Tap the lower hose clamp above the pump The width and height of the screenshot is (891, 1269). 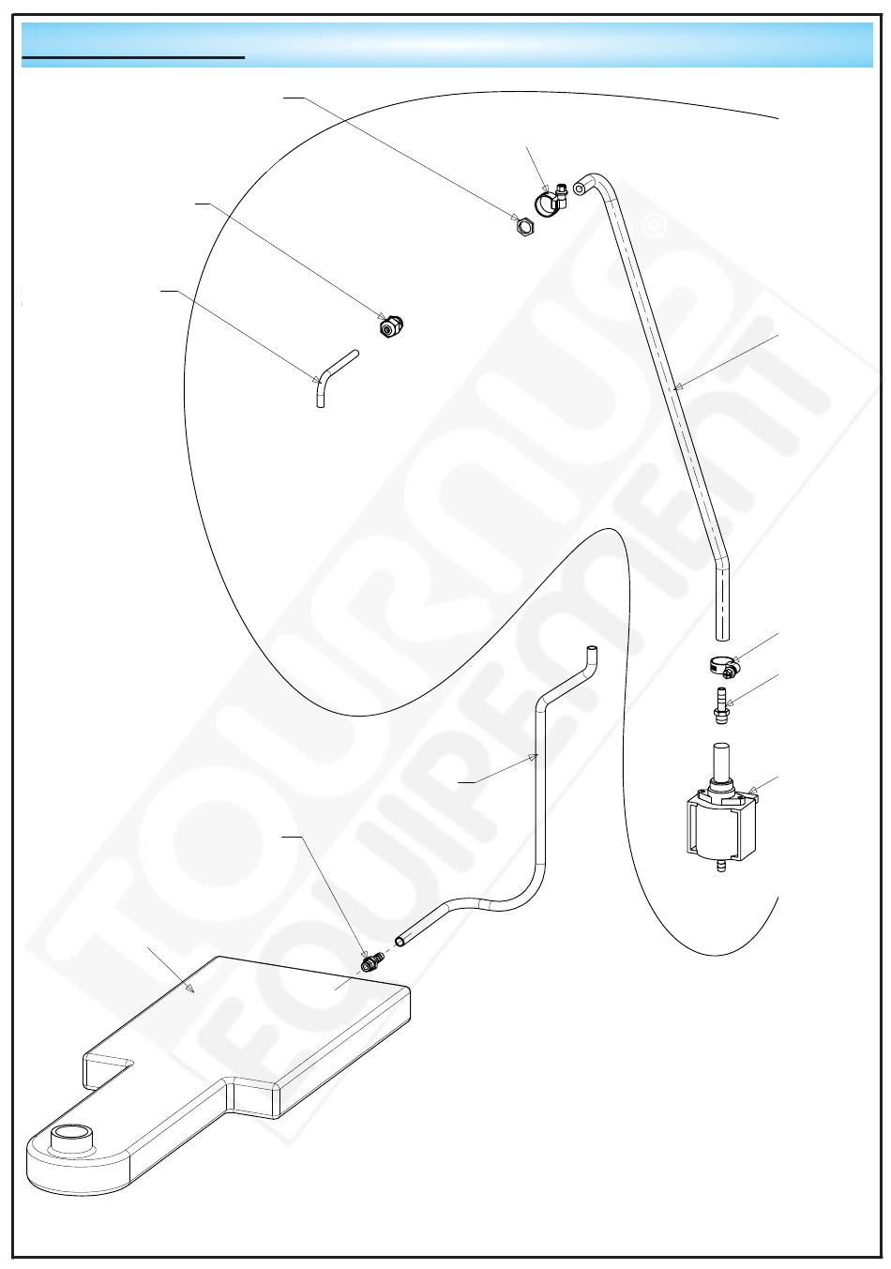724,666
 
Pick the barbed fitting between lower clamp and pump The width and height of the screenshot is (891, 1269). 720,704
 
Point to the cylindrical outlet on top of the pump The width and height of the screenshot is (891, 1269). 720,761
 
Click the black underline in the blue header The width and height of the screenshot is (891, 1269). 133,57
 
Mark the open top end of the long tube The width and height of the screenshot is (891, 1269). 580,188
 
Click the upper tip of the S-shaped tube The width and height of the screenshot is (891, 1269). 592,647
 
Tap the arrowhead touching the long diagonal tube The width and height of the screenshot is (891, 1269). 677,387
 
